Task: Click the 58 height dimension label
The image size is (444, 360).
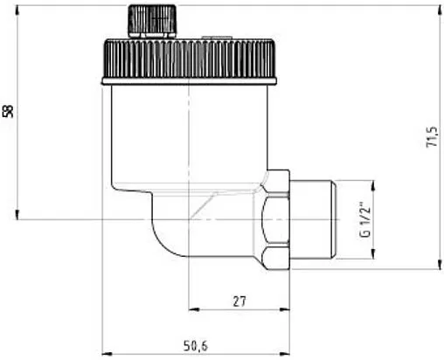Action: point(9,111)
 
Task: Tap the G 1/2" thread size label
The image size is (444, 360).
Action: point(362,221)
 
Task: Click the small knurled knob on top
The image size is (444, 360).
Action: point(153,20)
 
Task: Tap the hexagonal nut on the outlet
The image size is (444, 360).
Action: point(275,218)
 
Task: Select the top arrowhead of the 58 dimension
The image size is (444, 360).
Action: point(17,8)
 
